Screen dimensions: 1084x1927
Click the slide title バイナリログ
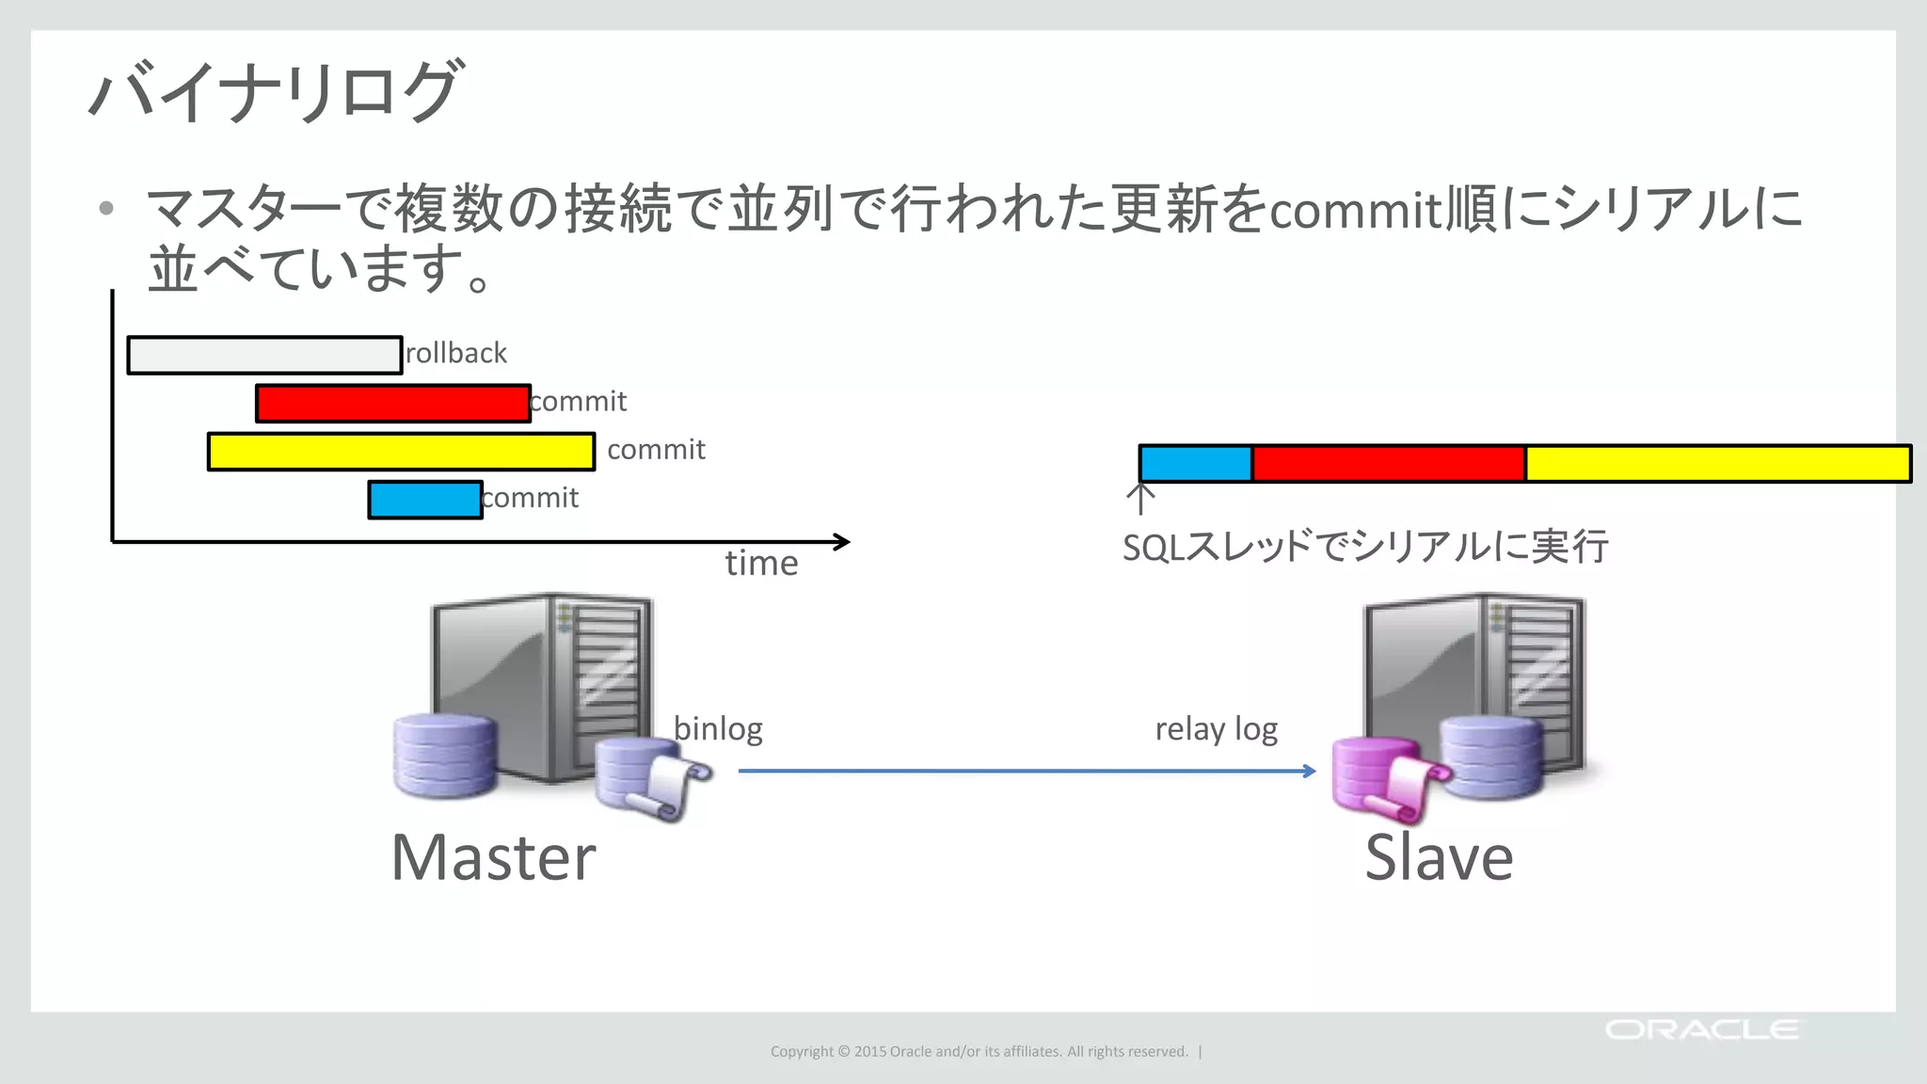pos(275,91)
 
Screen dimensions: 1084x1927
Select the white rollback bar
pos(264,356)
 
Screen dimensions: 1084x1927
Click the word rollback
pos(456,353)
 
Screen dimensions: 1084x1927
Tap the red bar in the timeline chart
pos(392,404)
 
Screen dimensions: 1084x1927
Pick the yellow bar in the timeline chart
pos(401,452)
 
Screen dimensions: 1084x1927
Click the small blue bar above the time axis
pos(425,500)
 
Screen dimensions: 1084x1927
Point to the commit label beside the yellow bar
pos(656,450)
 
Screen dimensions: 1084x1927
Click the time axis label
pos(761,563)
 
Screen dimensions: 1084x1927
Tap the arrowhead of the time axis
pos(843,541)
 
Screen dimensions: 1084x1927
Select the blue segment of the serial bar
pos(1195,464)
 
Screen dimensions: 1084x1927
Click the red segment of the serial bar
pos(1388,464)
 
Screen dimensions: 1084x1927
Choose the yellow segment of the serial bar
pos(1717,464)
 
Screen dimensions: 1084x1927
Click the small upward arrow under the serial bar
pos(1140,499)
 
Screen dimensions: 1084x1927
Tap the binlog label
pos(718,728)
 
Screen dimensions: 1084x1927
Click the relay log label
pos(1216,729)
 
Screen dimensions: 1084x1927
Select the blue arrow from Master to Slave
pos(1026,771)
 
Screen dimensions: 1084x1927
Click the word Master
pos(493,857)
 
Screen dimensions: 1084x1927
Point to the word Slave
pos(1439,857)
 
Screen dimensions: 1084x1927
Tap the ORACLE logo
pos(1701,1029)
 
